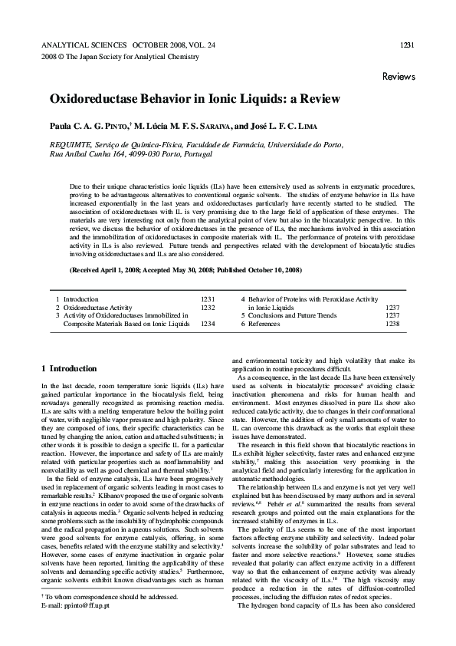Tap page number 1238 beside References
[x=392, y=324]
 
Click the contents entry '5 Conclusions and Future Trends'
[x=288, y=315]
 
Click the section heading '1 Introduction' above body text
[x=69, y=368]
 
